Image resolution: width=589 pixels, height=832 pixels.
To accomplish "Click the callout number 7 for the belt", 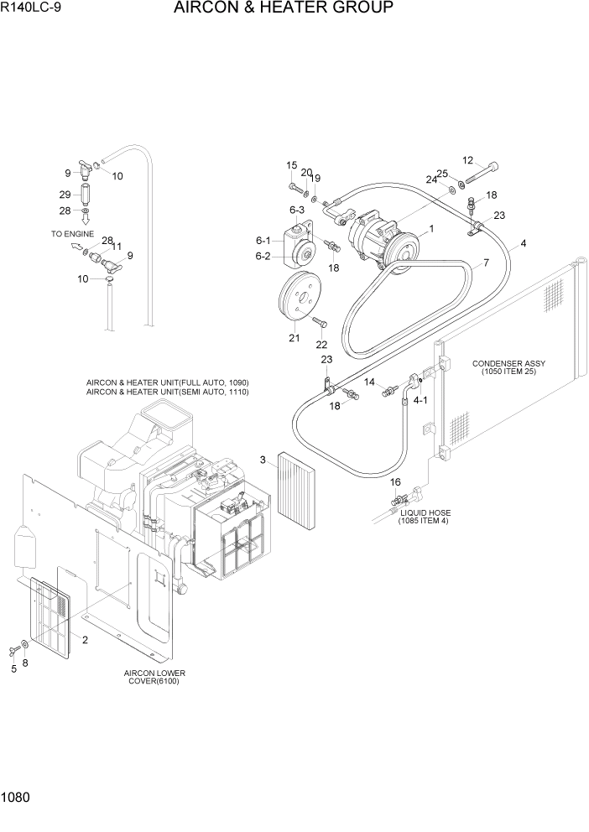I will coord(484,263).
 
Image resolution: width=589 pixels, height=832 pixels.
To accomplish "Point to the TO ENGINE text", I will coord(72,235).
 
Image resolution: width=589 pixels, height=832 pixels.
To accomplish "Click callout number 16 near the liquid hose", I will coord(395,482).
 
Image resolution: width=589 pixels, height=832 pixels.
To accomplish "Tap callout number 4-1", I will coord(420,400).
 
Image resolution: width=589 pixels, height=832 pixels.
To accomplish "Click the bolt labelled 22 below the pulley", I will coord(320,322).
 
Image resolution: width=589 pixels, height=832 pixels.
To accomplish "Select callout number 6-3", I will coord(296,210).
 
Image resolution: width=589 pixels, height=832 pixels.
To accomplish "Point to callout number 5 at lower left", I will coord(13,668).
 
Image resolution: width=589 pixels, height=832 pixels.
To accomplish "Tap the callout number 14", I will coord(368,382).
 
